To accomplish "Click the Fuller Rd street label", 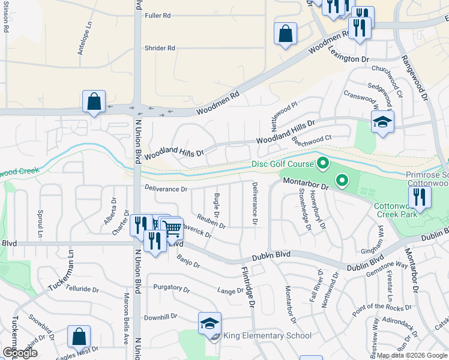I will [x=158, y=16].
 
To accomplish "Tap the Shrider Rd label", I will [x=160, y=48].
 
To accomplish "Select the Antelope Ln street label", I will [x=85, y=40].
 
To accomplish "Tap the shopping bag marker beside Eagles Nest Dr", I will [x=79, y=337].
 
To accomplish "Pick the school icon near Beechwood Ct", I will [x=382, y=123].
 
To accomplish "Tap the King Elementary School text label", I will [x=267, y=336].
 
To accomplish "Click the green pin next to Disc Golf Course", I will [x=322, y=163].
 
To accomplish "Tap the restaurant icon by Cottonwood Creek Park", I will [x=420, y=197].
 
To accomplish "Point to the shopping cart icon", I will [x=172, y=227].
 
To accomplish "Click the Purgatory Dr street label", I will [x=171, y=288].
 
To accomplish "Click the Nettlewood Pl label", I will [x=284, y=113].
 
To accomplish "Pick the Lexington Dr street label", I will [x=348, y=56].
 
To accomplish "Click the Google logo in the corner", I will [x=20, y=353].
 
